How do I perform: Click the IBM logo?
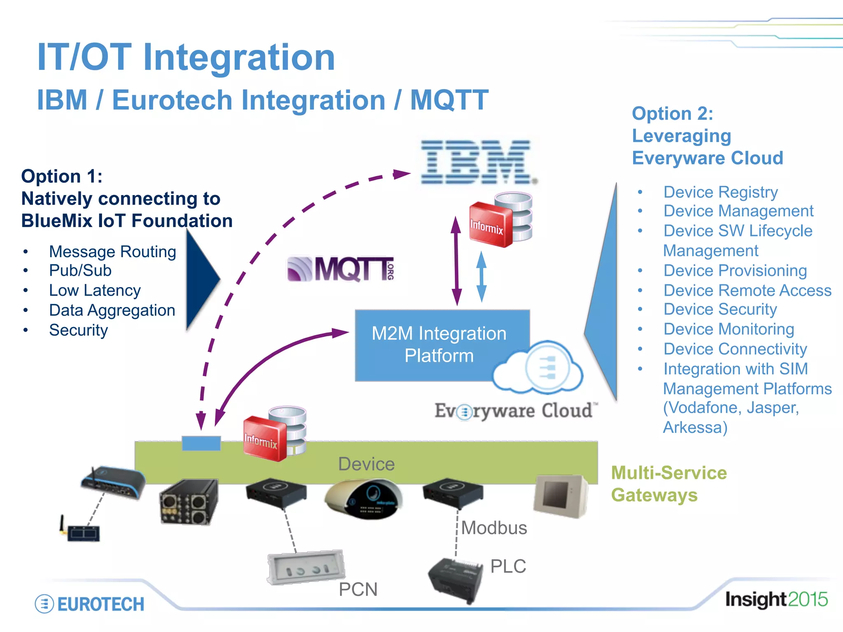(477, 162)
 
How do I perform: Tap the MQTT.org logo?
(341, 270)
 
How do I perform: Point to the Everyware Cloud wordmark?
(515, 411)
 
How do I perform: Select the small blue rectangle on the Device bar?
(201, 443)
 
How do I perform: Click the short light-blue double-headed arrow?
(481, 277)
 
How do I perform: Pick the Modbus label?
(494, 528)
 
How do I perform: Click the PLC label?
(508, 566)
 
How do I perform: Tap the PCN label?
(358, 589)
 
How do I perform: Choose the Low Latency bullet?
(95, 290)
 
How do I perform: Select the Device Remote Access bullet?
(747, 290)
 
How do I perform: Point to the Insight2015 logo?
(776, 599)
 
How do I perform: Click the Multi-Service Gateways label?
(668, 484)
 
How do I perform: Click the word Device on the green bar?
(366, 464)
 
